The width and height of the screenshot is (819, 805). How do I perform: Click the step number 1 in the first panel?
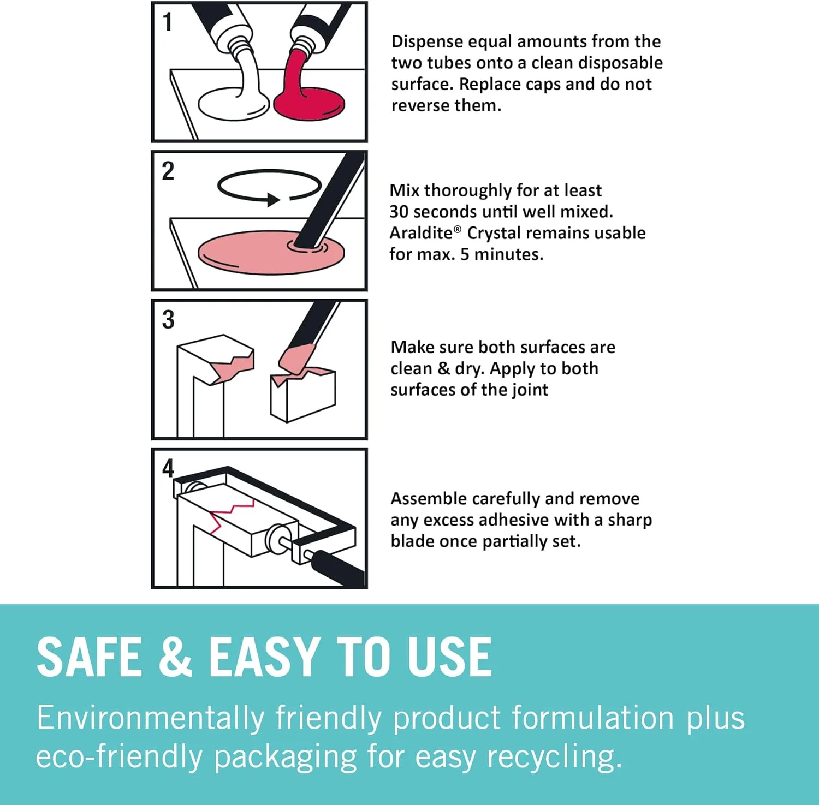(x=168, y=22)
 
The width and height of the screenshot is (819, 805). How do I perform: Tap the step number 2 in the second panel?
(x=168, y=171)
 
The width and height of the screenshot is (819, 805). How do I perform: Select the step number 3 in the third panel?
(x=168, y=320)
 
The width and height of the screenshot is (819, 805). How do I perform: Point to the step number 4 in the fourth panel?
(x=168, y=468)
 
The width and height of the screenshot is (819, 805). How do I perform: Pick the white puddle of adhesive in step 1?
(x=233, y=104)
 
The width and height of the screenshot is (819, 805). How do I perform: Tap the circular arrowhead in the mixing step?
(x=274, y=200)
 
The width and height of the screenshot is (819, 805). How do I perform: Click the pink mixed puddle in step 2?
(x=271, y=252)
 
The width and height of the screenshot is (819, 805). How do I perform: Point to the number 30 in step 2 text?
(x=399, y=212)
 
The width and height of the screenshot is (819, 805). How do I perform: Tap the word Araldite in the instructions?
(x=421, y=233)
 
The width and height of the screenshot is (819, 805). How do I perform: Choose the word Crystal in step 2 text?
(x=496, y=234)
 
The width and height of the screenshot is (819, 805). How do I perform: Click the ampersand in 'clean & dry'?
(x=443, y=368)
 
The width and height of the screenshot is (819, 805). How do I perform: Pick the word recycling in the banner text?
(x=554, y=758)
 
